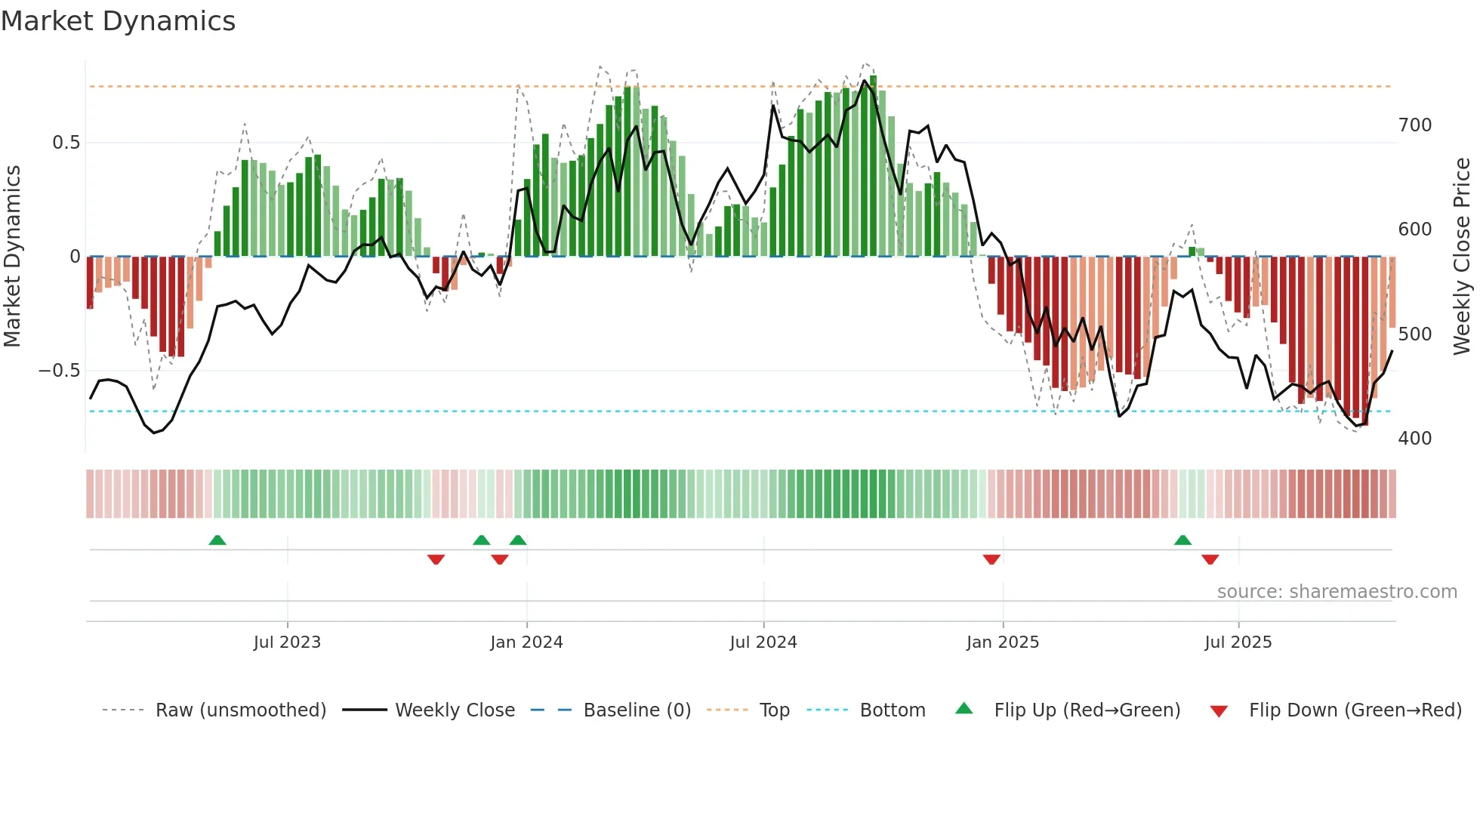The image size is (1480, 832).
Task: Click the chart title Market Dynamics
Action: pyautogui.click(x=118, y=21)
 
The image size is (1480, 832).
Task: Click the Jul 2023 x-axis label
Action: pyautogui.click(x=287, y=642)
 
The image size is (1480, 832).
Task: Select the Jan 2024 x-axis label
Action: pyautogui.click(x=526, y=642)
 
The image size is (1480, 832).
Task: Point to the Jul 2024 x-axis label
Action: pyautogui.click(x=763, y=642)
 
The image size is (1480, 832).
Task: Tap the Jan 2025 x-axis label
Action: pyautogui.click(x=1002, y=642)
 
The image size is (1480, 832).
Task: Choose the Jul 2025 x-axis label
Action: pyautogui.click(x=1238, y=642)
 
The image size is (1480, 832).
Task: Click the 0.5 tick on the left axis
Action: pyautogui.click(x=66, y=143)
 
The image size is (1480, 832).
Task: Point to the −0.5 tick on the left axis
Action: pyautogui.click(x=59, y=371)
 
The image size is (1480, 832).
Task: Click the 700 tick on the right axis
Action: pyautogui.click(x=1414, y=125)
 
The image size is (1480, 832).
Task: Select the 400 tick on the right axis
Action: pyautogui.click(x=1414, y=439)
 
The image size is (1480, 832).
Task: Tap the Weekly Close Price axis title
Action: pyautogui.click(x=1462, y=257)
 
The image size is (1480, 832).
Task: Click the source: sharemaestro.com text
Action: pyautogui.click(x=1337, y=592)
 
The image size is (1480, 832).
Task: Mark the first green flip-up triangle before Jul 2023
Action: pyautogui.click(x=217, y=540)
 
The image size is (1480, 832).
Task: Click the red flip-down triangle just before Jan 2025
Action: pyautogui.click(x=991, y=559)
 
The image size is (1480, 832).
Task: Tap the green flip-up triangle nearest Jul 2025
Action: pyautogui.click(x=1182, y=540)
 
